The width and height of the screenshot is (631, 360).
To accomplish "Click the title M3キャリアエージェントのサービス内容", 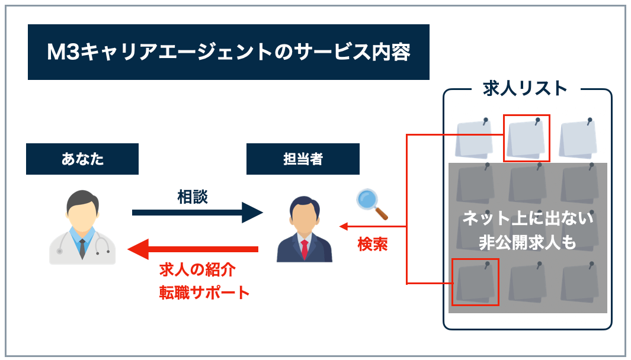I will point(228,52).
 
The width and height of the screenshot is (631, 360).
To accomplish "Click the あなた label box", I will point(82,159).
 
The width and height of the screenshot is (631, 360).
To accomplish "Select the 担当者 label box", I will point(303,159).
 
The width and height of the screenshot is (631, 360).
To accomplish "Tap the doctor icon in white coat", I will point(82,228).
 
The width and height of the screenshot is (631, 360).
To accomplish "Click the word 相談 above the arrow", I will point(193,197).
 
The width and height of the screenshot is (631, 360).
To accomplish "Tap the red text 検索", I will point(373,245).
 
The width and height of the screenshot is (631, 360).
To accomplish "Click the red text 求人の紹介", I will point(197,271).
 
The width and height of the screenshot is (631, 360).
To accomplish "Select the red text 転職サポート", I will point(204,292).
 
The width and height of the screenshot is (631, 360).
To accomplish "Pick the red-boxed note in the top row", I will point(526,138).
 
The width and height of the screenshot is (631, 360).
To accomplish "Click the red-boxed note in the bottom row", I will point(475,282).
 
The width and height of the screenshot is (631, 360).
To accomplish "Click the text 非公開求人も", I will point(527,242).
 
